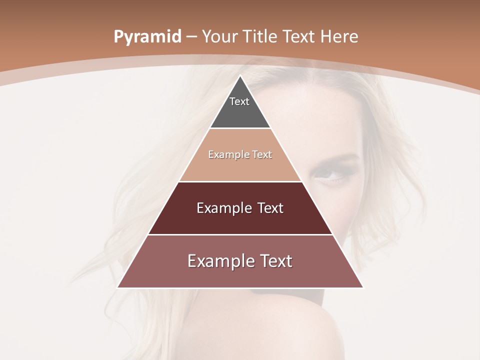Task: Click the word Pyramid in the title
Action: click(147, 37)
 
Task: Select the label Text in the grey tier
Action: click(239, 101)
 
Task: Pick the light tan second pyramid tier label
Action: click(240, 154)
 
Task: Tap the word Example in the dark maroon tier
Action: click(222, 208)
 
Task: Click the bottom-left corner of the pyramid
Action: click(118, 287)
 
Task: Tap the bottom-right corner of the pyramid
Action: click(362, 287)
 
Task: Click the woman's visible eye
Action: click(328, 175)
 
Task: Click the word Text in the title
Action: click(300, 36)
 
